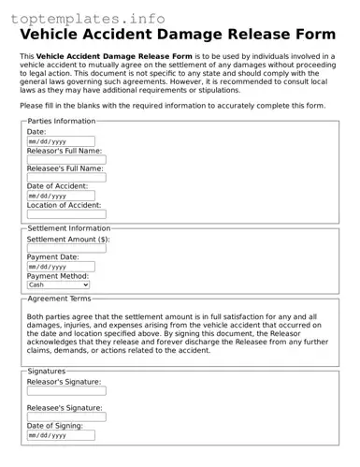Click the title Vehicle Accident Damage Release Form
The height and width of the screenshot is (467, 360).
pos(177,34)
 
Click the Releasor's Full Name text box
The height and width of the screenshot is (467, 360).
pos(66,160)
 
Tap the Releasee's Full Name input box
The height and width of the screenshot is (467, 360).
pos(66,178)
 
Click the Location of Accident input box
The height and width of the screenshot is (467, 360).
pos(66,214)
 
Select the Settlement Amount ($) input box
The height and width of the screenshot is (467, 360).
pos(66,249)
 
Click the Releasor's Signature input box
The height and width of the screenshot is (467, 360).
pos(66,391)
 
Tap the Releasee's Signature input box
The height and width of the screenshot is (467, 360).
pos(66,417)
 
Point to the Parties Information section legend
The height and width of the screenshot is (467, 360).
pos(62,121)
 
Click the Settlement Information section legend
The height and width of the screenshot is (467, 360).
pos(69,228)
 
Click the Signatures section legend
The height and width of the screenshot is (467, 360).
pos(47,371)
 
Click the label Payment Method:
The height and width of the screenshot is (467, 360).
pos(58,276)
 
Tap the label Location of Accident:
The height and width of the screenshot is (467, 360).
pos(64,205)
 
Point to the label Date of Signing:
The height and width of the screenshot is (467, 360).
pos(55,426)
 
